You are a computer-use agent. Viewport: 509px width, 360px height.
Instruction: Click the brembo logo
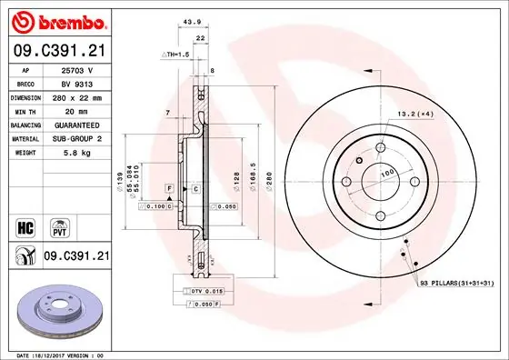coord(57,20)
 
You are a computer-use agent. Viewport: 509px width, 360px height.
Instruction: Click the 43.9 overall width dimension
coord(190,23)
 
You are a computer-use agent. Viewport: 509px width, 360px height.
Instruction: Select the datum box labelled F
coord(169,187)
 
